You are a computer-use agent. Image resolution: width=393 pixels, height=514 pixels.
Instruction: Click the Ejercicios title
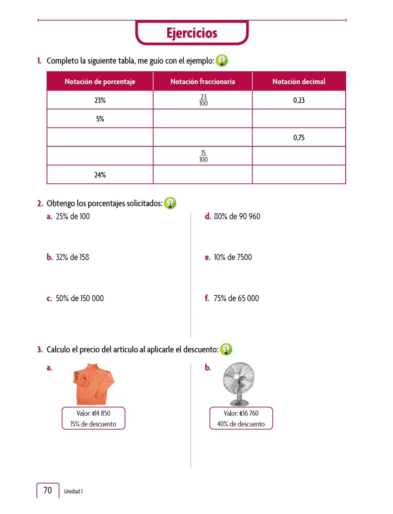coord(192,33)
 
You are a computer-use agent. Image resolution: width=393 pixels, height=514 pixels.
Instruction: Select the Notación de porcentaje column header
coord(100,82)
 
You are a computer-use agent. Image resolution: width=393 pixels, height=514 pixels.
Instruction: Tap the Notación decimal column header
coord(299,82)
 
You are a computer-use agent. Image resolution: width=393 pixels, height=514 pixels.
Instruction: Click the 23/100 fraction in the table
coord(203,100)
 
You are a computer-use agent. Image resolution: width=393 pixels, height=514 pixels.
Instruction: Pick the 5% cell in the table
coord(100,119)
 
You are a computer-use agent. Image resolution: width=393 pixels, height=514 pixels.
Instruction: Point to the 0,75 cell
coord(299,138)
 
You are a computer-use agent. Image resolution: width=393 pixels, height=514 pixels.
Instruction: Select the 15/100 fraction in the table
coord(203,156)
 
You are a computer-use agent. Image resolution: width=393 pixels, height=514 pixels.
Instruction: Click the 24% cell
coord(100,175)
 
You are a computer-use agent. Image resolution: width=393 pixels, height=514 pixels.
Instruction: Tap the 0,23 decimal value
coord(299,100)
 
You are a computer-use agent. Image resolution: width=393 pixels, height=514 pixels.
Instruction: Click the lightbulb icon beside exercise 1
coord(222,61)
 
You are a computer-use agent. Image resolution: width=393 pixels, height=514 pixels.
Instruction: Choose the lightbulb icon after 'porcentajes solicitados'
coord(170,203)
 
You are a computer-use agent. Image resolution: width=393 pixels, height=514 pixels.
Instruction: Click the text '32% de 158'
coord(72,257)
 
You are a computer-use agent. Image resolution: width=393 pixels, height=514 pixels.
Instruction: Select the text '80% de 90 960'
coord(237,216)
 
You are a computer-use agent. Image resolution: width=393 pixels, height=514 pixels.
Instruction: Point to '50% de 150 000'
coord(79,298)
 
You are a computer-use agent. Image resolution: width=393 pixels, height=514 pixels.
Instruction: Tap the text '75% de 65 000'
coord(236,298)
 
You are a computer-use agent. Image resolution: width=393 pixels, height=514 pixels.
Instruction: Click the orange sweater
coord(93,384)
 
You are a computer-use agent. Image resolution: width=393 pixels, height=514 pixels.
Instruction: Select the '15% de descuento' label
coord(93,424)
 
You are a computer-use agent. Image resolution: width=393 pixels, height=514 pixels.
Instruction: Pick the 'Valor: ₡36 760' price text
coord(241,413)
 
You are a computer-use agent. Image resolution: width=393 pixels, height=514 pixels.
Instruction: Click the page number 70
coord(47,490)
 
